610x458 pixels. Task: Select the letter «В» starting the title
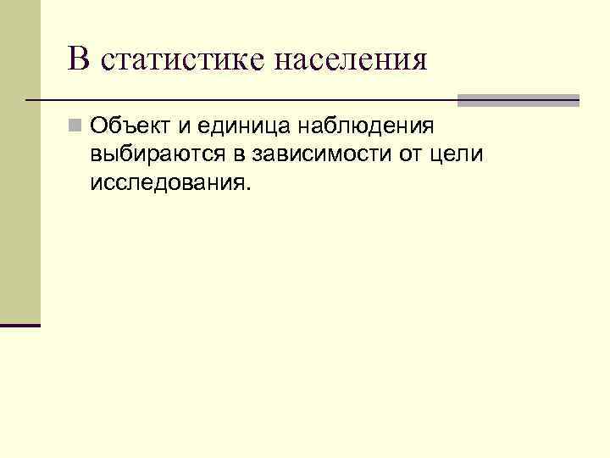pyautogui.click(x=78, y=59)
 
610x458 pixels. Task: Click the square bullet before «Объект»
pyautogui.click(x=76, y=127)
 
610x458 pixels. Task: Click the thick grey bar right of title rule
pyautogui.click(x=518, y=100)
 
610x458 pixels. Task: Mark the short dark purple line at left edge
pyautogui.click(x=20, y=325)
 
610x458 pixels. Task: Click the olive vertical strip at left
pyautogui.click(x=20, y=161)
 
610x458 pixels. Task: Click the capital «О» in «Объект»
pyautogui.click(x=99, y=127)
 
